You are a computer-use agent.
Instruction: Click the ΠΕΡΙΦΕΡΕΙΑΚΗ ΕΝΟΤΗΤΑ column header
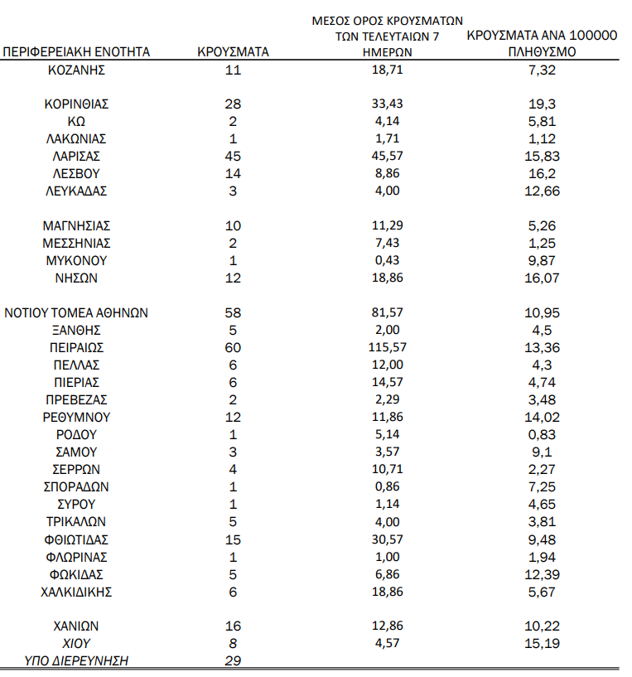[77, 51]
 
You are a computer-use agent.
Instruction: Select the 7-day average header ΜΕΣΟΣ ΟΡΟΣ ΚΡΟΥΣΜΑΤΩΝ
[387, 19]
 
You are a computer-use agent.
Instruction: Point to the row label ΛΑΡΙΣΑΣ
[77, 157]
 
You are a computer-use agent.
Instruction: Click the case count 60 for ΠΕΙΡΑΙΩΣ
[233, 348]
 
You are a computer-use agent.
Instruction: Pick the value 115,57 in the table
[387, 348]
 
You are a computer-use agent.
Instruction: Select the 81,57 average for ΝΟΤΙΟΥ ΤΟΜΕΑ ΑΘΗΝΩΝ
[387, 313]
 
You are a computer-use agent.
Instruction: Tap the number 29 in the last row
[233, 660]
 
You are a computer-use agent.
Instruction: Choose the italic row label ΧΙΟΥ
[77, 643]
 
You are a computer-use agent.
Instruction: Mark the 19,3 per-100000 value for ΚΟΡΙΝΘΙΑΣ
[543, 104]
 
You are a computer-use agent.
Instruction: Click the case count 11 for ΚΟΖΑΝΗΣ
[233, 70]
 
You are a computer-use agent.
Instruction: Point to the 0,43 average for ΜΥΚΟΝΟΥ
[387, 261]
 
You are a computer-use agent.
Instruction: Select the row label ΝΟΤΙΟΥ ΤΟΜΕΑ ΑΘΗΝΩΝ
[77, 313]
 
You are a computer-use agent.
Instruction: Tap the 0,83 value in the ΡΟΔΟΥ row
[543, 435]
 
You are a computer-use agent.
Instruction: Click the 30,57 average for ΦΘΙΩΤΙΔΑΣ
[387, 539]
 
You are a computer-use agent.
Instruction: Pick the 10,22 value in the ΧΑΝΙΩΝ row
[543, 626]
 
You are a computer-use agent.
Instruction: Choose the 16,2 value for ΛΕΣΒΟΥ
[543, 174]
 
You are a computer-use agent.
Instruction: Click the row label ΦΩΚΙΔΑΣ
[77, 574]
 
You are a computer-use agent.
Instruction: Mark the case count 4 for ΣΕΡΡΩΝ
[233, 470]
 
